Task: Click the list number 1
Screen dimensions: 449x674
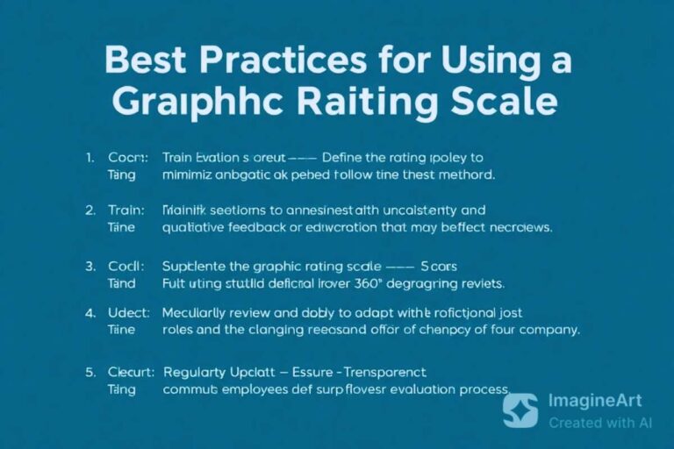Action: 90,158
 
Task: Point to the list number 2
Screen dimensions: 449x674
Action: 90,210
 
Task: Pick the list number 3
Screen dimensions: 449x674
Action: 90,265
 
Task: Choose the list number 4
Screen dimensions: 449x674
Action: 90,311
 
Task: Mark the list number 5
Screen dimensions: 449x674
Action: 90,371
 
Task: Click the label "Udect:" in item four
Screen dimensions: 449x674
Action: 129,311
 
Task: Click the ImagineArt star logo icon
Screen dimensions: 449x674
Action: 520,410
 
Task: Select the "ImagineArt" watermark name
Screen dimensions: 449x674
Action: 595,402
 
